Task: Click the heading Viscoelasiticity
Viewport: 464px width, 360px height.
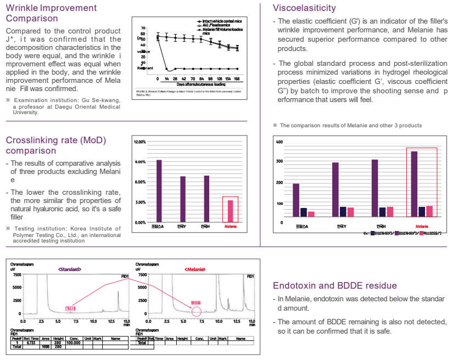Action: (304, 8)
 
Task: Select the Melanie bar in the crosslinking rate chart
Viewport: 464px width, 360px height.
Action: (230, 210)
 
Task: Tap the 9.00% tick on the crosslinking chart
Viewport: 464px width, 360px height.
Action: (139, 162)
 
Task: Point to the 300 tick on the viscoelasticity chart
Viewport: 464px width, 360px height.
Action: (279, 161)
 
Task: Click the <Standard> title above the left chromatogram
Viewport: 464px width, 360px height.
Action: (70, 269)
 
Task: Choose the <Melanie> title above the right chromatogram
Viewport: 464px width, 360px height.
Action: (195, 269)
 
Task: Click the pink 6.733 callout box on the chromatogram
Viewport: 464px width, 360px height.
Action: (70, 308)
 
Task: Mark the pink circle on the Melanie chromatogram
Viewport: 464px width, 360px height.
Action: (196, 312)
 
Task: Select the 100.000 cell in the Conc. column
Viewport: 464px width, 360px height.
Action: (74, 343)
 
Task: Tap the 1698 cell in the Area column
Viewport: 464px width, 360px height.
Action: (46, 347)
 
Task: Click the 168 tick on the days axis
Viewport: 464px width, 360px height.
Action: (237, 79)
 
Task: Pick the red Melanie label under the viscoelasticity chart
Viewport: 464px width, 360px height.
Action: (422, 227)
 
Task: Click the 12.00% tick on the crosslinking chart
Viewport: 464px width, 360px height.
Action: (139, 142)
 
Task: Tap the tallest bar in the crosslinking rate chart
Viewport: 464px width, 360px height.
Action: (159, 190)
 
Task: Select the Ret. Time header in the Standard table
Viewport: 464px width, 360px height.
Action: (31, 339)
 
